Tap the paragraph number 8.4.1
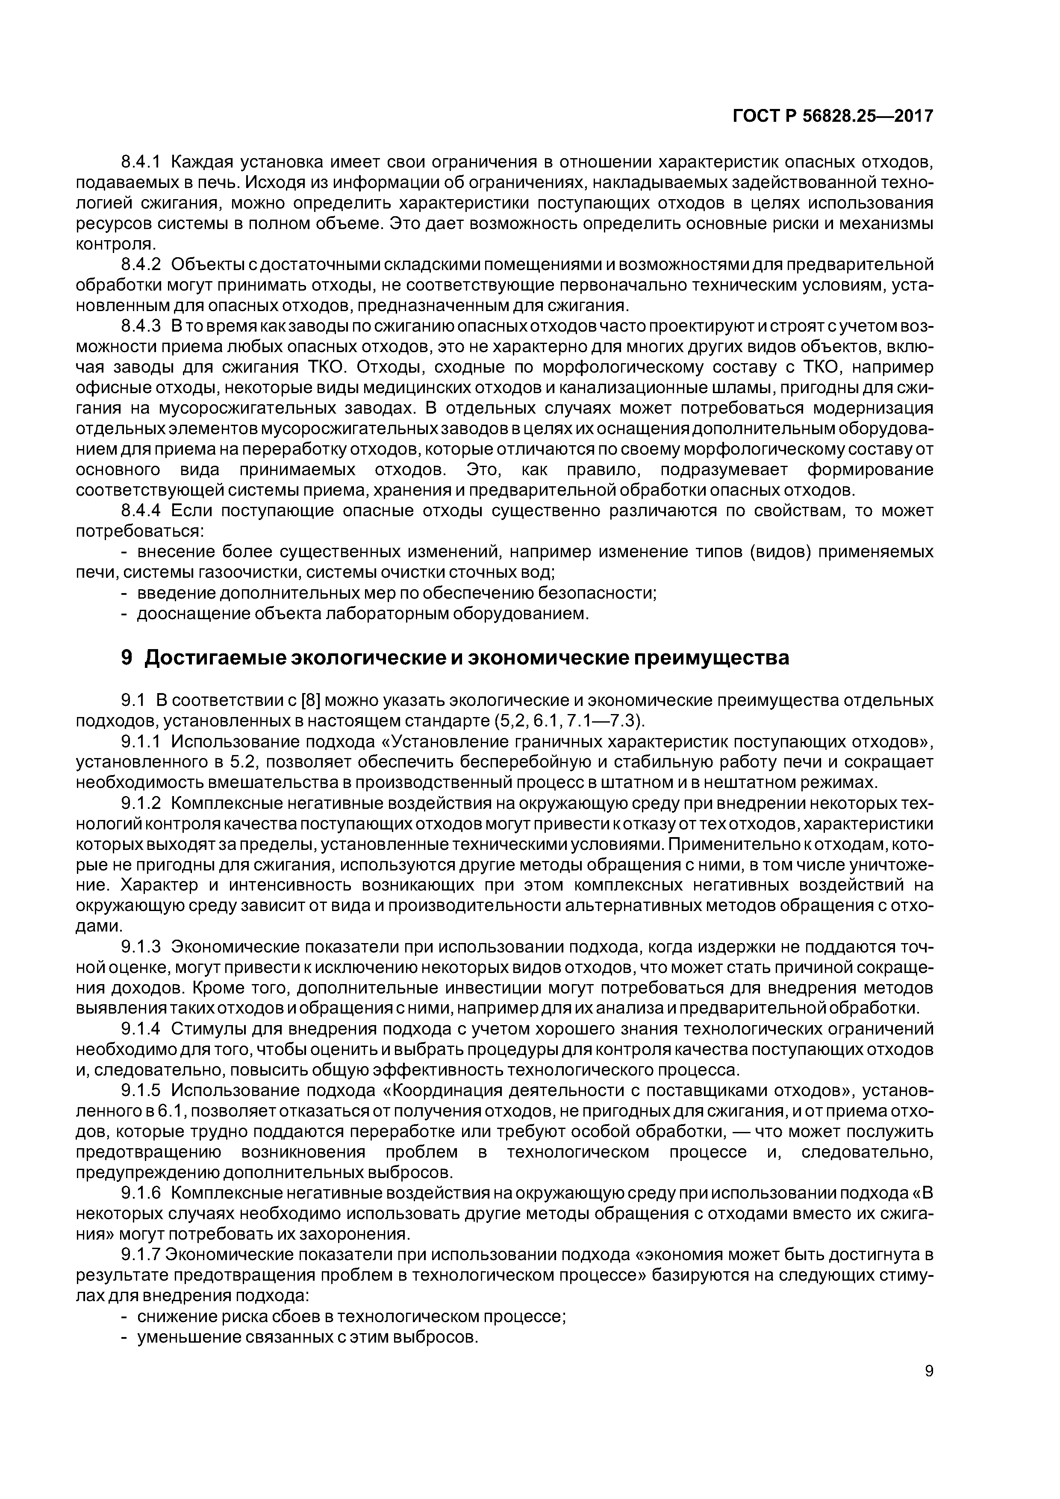(141, 161)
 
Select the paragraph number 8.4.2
(141, 265)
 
